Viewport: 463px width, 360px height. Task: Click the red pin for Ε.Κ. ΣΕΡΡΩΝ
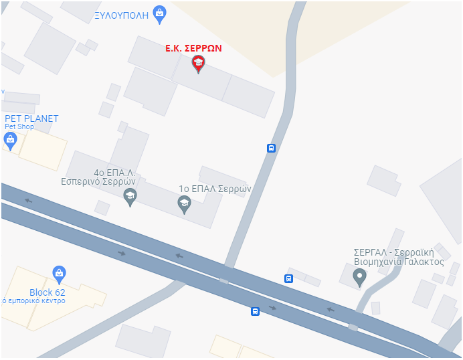point(198,64)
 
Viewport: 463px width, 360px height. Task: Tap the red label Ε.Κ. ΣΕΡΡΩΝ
point(193,48)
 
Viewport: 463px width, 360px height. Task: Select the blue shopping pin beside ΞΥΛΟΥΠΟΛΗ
point(159,13)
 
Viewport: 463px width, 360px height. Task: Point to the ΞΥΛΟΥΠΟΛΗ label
point(121,14)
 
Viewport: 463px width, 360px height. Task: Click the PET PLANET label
point(31,118)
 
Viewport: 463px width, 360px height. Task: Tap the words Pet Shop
point(19,126)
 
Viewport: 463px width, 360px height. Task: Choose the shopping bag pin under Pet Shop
point(10,140)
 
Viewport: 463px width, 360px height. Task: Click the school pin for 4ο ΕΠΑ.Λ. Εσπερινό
point(130,195)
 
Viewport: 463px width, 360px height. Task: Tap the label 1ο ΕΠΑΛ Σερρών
point(214,189)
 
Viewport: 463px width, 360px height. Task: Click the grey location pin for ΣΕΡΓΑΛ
point(359,276)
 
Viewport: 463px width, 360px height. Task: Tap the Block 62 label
point(48,292)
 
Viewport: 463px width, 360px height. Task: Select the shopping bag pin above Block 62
point(59,273)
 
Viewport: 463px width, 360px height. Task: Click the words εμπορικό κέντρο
point(36,301)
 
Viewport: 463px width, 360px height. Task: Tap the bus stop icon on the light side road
point(271,148)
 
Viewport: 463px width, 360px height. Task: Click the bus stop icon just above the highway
point(288,278)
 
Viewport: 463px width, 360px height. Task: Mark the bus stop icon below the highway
point(255,311)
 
